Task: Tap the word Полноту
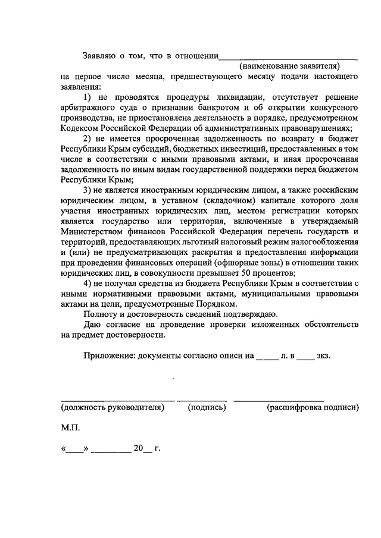(102, 314)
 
